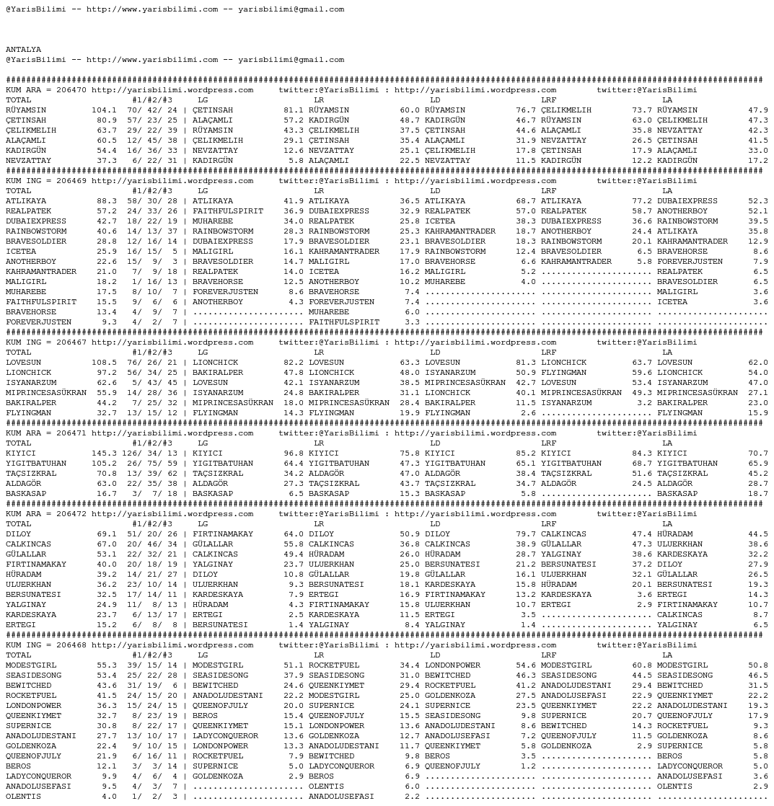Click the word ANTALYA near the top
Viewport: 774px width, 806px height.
[23, 50]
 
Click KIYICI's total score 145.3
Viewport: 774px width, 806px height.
[104, 453]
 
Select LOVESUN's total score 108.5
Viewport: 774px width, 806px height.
[104, 363]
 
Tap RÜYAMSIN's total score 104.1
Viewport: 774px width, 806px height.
[104, 110]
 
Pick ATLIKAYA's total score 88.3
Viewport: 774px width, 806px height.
[106, 201]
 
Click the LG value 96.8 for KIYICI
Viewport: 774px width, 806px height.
[293, 453]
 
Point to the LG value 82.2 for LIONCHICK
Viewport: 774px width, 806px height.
[293, 363]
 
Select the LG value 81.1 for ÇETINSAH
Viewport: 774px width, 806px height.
[293, 110]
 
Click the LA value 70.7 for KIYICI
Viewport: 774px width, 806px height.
[757, 453]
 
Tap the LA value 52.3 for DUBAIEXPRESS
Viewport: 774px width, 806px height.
[757, 201]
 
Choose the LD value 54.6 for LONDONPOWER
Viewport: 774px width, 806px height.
[525, 665]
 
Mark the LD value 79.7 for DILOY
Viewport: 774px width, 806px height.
[525, 534]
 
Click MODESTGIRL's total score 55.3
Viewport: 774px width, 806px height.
[106, 665]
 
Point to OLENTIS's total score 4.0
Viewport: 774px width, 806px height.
[109, 797]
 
